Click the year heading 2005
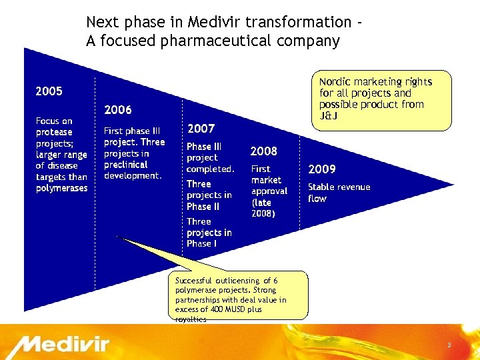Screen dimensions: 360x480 point(49,91)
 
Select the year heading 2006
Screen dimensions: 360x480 point(118,109)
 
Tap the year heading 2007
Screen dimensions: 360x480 point(201,129)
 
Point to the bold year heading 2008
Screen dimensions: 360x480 point(263,151)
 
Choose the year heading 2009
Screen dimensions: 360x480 point(321,169)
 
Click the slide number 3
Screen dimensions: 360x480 point(449,345)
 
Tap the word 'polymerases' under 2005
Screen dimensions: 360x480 point(61,188)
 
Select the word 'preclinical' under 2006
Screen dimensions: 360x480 point(125,165)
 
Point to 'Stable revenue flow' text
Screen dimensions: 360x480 point(339,193)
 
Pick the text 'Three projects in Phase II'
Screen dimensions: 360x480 point(209,195)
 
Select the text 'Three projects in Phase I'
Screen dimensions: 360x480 point(209,232)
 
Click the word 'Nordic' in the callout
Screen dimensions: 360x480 point(335,82)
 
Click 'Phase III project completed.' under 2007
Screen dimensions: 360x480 point(210,157)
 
